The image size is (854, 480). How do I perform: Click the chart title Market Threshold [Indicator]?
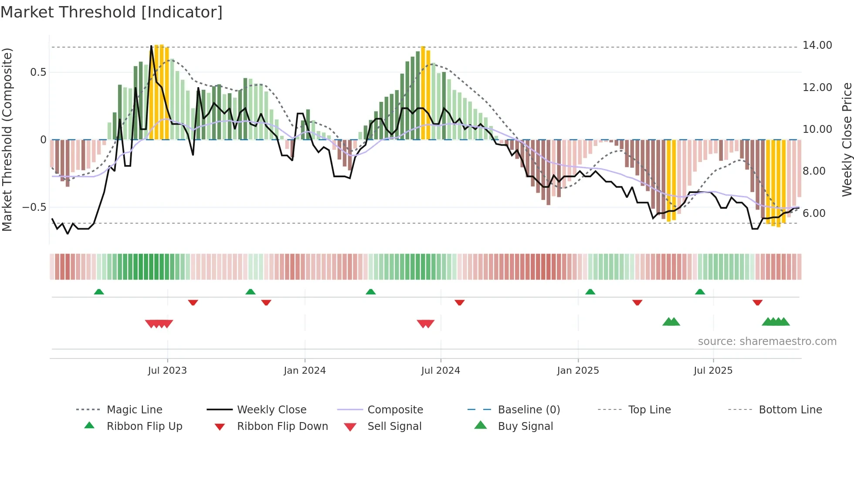(112, 12)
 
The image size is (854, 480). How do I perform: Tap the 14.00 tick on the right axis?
(817, 45)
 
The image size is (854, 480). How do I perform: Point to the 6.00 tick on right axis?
(814, 213)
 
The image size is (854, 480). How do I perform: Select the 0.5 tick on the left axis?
(38, 72)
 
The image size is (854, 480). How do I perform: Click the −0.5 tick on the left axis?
(34, 207)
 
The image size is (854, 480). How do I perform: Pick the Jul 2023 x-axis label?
(167, 371)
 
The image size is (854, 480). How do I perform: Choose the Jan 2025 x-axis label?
(578, 371)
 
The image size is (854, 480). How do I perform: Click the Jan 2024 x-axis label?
(305, 371)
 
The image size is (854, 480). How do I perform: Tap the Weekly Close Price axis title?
(847, 139)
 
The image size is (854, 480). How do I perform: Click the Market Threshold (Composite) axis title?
(7, 139)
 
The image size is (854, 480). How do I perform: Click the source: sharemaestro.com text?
(767, 341)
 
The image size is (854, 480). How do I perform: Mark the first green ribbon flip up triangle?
(99, 292)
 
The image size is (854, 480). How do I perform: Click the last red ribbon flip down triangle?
(757, 302)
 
